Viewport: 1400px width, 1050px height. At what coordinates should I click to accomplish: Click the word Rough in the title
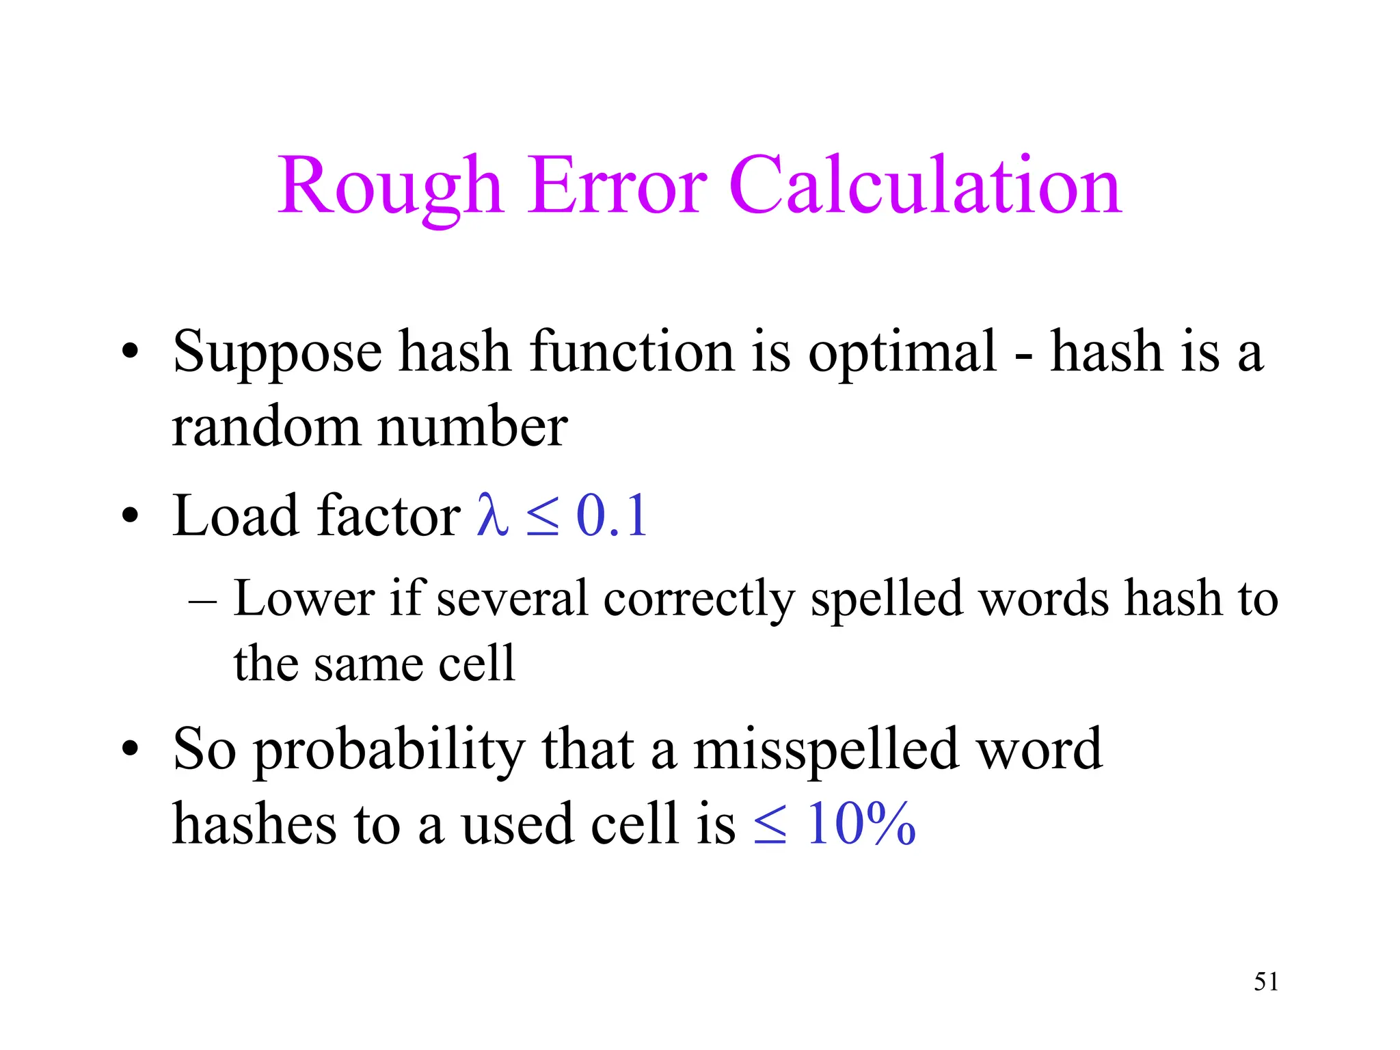[390, 186]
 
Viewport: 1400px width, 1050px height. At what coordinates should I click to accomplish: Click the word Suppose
[277, 353]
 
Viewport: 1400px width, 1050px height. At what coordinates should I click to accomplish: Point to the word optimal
[902, 353]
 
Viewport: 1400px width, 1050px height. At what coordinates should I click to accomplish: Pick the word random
[266, 427]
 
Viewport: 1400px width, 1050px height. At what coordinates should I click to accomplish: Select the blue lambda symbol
[493, 515]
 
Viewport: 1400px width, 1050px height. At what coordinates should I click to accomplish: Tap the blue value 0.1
[612, 515]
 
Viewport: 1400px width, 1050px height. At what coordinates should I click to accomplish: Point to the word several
[512, 599]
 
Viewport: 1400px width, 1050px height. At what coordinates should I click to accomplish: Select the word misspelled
[824, 749]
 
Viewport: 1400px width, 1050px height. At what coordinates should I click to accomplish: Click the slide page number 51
[1266, 982]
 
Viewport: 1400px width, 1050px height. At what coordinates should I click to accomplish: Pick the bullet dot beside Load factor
[130, 515]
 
